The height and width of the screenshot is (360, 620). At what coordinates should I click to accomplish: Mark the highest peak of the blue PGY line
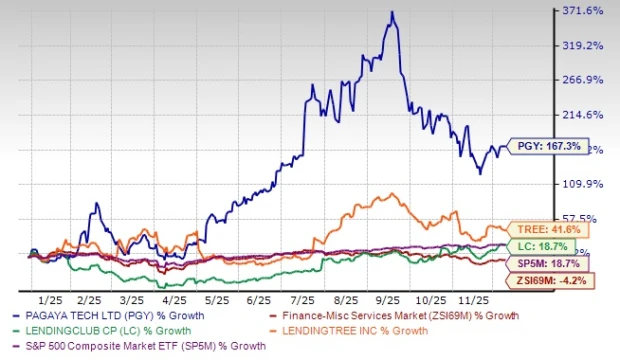393,12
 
